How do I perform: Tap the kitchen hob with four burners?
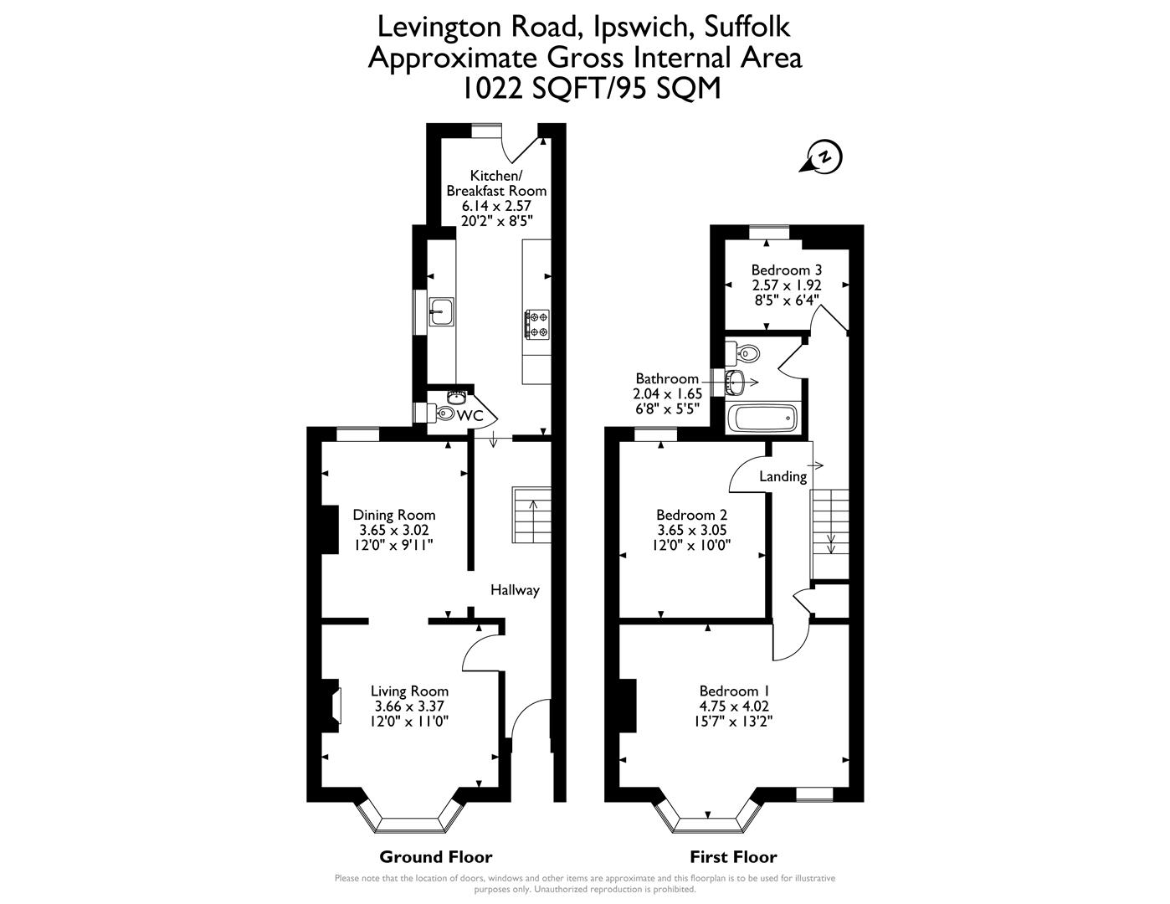tap(536, 325)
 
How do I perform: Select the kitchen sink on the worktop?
tap(440, 311)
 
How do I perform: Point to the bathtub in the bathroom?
tap(761, 417)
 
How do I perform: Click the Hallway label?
tap(515, 590)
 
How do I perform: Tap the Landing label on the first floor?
tap(783, 476)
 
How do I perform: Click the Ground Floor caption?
tap(435, 856)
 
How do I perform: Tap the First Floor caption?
tap(733, 856)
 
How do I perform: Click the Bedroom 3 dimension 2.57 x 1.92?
tap(786, 285)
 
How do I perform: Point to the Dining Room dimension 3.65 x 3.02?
tap(393, 531)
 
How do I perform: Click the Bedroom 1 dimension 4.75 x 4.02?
tap(734, 706)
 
